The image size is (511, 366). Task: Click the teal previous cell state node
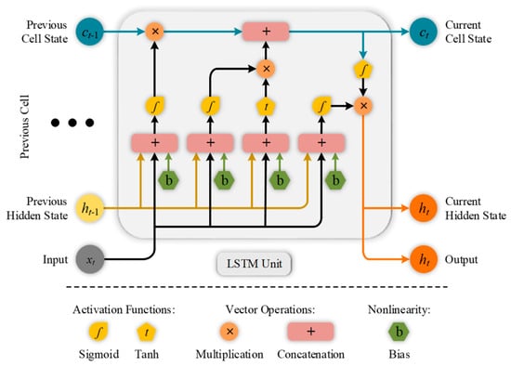click(89, 32)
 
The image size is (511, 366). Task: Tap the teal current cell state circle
click(424, 32)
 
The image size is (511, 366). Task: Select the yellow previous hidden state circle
click(89, 208)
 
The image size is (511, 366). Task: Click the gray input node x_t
click(90, 260)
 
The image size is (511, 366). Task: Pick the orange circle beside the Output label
click(424, 259)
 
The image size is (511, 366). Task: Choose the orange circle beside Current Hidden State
click(424, 208)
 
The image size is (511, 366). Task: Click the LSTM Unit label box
click(255, 263)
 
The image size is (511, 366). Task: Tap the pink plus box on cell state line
click(266, 32)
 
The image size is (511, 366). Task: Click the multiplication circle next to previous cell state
click(155, 32)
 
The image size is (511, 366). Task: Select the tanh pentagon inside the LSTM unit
click(266, 106)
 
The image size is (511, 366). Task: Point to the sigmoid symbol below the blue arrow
click(363, 69)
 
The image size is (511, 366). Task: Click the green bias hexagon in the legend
click(399, 332)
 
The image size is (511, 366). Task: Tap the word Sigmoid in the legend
click(98, 354)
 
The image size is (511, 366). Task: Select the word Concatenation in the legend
click(310, 354)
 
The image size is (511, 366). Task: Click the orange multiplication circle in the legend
click(229, 332)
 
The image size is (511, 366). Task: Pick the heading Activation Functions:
click(124, 309)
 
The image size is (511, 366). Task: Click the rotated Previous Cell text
click(25, 126)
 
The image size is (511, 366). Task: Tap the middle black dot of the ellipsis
click(72, 123)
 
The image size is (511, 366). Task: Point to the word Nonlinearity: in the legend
click(400, 309)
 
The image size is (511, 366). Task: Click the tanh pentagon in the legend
click(146, 333)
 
